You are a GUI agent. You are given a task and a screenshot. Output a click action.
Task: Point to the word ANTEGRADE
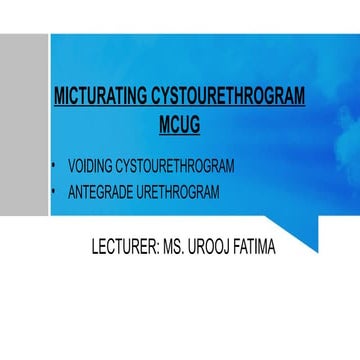click(107, 190)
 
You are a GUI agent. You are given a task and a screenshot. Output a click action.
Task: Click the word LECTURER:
click(122, 243)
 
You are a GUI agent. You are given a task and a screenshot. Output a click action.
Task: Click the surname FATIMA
click(256, 243)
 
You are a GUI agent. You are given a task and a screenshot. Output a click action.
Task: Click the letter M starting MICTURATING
click(58, 97)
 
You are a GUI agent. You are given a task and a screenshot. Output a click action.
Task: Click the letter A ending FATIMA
click(274, 243)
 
